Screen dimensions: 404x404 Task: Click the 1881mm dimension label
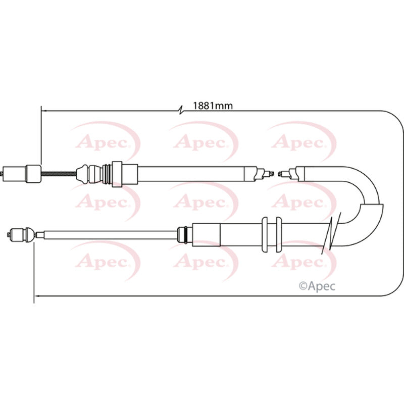tap(213, 106)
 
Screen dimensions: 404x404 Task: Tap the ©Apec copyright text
tap(318, 286)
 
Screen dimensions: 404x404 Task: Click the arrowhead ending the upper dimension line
tap(43, 110)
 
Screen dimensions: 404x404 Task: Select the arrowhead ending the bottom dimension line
tap(36, 296)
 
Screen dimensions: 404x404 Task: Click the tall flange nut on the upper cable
tap(117, 174)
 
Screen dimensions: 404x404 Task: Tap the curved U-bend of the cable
tap(371, 202)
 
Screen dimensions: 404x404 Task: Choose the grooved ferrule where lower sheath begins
tap(185, 234)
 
